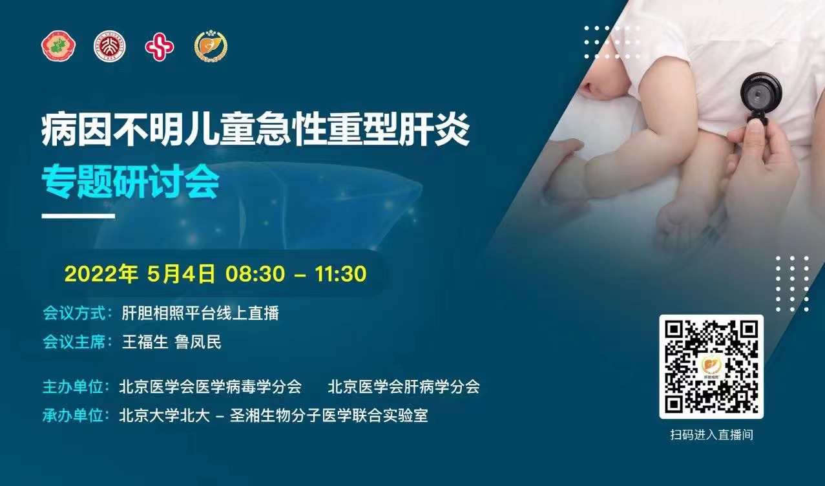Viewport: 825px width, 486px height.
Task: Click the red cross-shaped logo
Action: (x=160, y=46)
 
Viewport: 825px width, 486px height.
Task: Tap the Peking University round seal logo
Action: (x=110, y=46)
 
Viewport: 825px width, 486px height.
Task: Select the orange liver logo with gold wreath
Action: (x=211, y=46)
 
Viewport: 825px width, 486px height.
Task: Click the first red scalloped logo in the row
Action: (x=59, y=46)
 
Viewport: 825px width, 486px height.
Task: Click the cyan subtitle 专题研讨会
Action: (x=131, y=182)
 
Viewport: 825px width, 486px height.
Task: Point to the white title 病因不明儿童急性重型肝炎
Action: (x=256, y=130)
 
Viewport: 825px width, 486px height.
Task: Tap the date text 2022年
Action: (x=101, y=274)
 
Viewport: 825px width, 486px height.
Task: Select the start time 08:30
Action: (x=255, y=274)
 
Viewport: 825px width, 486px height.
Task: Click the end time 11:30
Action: (x=340, y=274)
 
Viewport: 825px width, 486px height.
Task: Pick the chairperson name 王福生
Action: (x=145, y=342)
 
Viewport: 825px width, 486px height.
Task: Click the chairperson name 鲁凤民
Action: (x=198, y=342)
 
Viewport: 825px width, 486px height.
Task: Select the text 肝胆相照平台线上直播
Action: (x=200, y=313)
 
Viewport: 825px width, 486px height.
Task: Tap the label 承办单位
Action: (x=73, y=416)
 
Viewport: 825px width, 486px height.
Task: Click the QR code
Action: (x=711, y=367)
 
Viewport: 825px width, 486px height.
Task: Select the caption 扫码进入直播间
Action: (x=711, y=435)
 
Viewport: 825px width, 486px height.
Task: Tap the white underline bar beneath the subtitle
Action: (x=78, y=216)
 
